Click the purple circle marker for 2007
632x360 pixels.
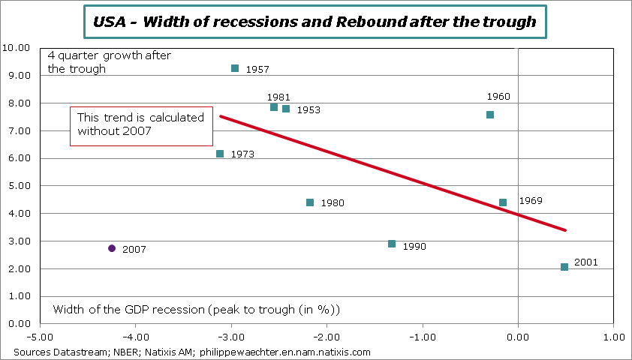coord(112,248)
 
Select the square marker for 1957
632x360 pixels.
coord(235,68)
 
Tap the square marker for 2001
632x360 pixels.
coord(564,267)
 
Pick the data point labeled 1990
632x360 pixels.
coord(392,244)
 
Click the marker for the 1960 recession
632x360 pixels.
coord(490,115)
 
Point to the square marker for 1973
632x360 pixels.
coord(220,154)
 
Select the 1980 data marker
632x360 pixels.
coord(310,202)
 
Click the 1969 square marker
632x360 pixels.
coord(503,202)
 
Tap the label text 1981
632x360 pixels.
coord(278,97)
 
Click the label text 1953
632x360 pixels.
coord(308,110)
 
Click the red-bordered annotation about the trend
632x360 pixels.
coord(142,125)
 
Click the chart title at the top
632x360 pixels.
coord(315,22)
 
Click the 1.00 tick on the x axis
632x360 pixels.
coord(613,338)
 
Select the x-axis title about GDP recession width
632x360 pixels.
coord(197,310)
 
